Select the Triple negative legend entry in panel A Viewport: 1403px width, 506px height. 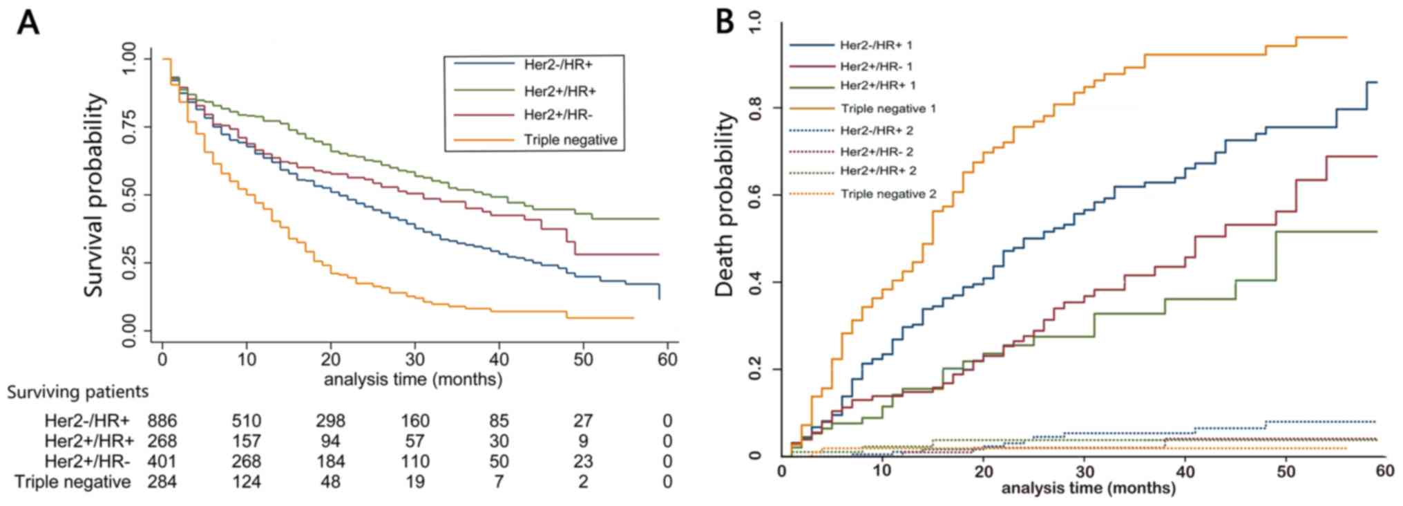(570, 140)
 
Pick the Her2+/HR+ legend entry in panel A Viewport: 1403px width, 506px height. (560, 91)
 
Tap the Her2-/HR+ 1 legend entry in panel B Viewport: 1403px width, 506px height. (876, 46)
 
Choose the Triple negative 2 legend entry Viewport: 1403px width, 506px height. (888, 194)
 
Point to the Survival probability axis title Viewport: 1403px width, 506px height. (95, 196)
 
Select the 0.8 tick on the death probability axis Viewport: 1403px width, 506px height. (755, 108)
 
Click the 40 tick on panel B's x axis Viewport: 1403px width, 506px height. (1185, 471)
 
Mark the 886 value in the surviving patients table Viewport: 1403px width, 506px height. (162, 421)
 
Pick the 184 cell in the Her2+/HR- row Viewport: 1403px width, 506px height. (330, 461)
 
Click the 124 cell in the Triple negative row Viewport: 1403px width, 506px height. (246, 481)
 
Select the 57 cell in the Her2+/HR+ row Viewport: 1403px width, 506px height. (414, 441)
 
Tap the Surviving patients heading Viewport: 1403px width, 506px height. (78, 392)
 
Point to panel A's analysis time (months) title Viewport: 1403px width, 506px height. (413, 379)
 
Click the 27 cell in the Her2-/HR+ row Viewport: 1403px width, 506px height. (583, 421)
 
